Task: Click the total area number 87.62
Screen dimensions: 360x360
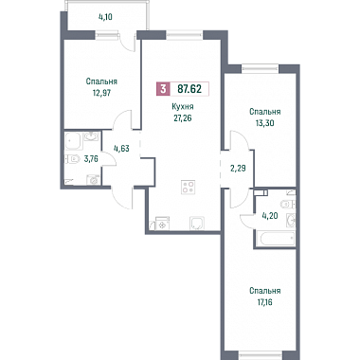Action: coord(189,89)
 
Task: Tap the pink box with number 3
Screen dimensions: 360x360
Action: coord(163,89)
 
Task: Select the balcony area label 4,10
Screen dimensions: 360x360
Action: coord(106,17)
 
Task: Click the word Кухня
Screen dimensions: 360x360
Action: coord(183,107)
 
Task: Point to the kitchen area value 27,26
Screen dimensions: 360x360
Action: coord(183,118)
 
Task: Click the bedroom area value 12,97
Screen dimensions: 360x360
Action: coord(101,94)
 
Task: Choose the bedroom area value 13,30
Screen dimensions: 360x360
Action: coord(264,123)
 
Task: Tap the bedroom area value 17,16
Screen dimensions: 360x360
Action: coord(264,302)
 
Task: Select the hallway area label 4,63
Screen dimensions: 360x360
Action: coord(121,148)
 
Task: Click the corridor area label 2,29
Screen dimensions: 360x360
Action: coord(238,168)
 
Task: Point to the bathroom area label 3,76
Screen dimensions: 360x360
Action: coord(91,159)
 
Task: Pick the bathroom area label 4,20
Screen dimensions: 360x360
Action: coord(269,216)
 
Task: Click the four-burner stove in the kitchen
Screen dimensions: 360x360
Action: coord(189,187)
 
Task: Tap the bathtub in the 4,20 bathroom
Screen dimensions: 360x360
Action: coord(278,238)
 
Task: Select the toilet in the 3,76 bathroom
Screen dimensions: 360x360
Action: coord(71,159)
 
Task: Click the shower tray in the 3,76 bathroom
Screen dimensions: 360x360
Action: coord(74,141)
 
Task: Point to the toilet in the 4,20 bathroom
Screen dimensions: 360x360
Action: coord(289,204)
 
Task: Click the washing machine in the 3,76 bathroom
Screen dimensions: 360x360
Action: coord(93,180)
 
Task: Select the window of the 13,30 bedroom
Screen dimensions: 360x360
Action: coord(261,68)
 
